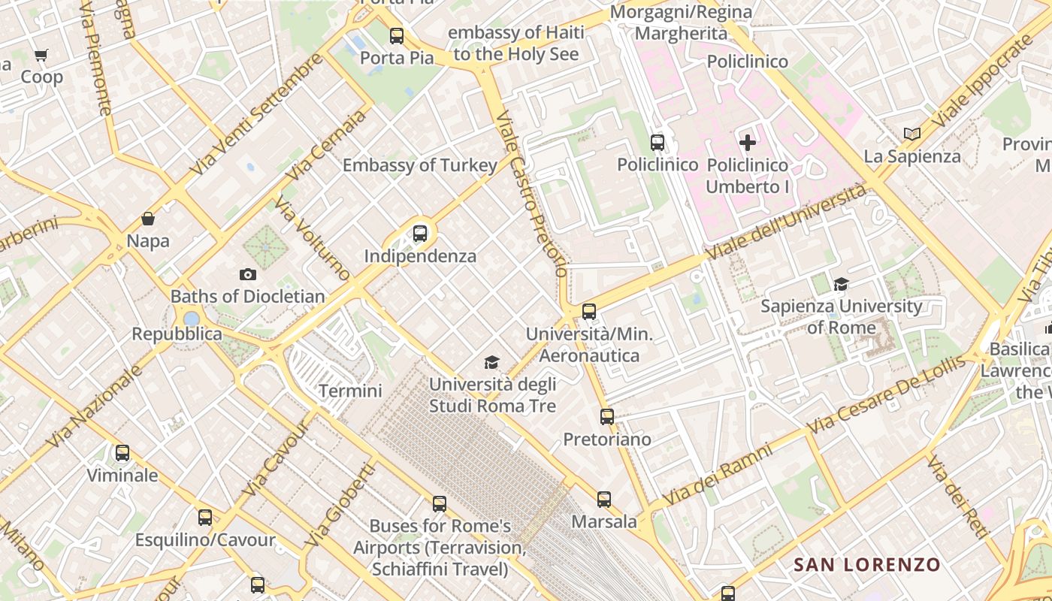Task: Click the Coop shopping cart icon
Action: (41, 55)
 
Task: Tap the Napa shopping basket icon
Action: (148, 219)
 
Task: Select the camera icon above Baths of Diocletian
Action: (247, 275)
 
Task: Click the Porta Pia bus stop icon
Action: (396, 35)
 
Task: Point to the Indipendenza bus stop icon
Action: (420, 234)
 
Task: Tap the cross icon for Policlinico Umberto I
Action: (748, 142)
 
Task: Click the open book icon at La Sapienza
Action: (912, 134)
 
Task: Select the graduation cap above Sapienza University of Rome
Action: (841, 284)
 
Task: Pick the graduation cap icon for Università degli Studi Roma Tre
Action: (491, 363)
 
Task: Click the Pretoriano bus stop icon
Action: (607, 416)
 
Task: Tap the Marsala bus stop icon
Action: (604, 499)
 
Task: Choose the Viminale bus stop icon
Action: (122, 453)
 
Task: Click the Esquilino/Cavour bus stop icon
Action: (205, 518)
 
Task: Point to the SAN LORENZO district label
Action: (866, 564)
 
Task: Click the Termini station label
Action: (350, 391)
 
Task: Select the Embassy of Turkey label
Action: (420, 165)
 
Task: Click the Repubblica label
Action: (177, 334)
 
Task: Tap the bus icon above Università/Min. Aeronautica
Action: (589, 311)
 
